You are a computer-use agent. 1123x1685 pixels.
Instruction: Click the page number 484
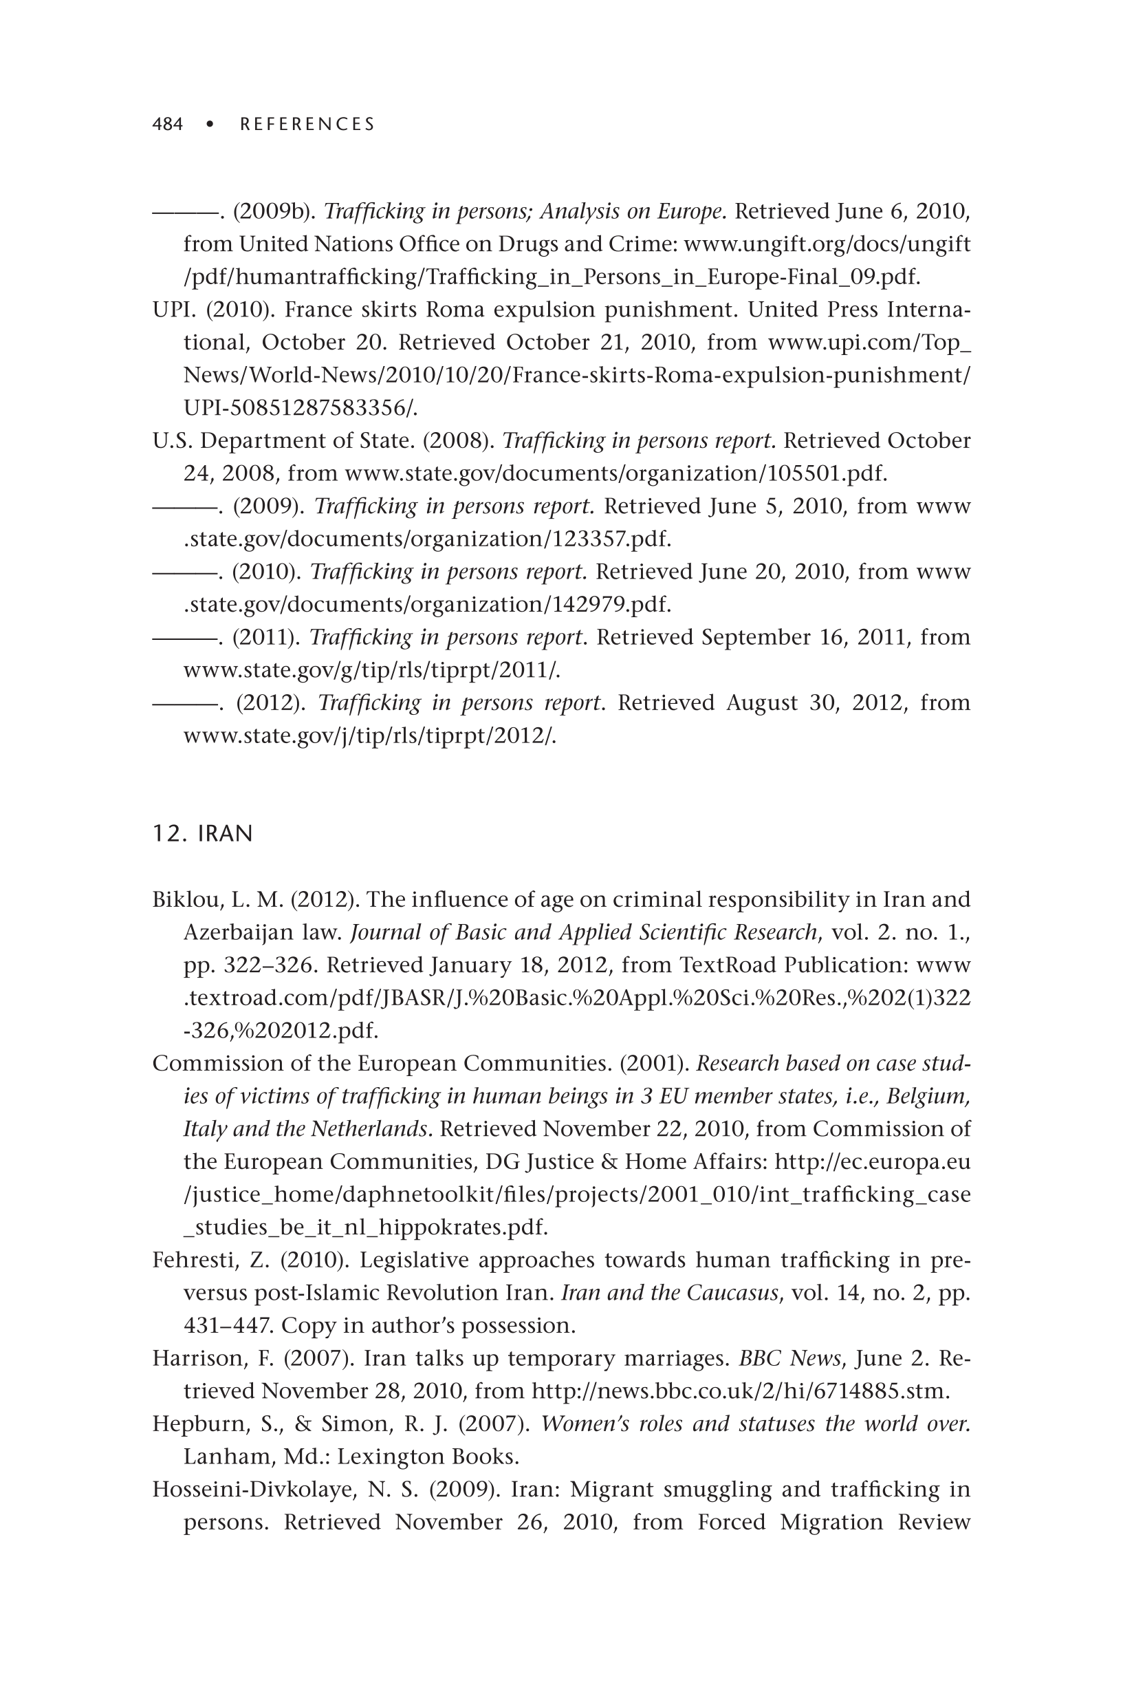coord(168,125)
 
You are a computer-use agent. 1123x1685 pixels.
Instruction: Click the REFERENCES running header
coord(307,125)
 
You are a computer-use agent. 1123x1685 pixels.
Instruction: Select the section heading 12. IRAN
coord(203,834)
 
